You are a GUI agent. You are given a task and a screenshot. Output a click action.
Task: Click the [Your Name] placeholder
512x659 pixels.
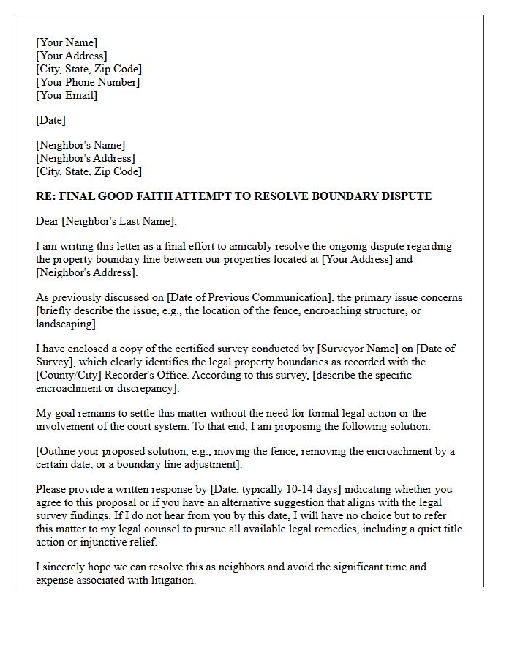point(67,42)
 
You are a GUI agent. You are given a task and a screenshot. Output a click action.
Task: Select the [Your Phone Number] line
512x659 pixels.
point(88,82)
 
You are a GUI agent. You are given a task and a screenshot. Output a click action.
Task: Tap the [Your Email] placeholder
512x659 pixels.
point(67,95)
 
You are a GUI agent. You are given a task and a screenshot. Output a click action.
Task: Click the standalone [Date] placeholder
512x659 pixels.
point(51,120)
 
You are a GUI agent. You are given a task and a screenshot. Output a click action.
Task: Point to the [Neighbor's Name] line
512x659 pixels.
point(80,145)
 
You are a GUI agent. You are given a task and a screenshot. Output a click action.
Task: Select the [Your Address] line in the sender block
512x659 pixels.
point(72,56)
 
